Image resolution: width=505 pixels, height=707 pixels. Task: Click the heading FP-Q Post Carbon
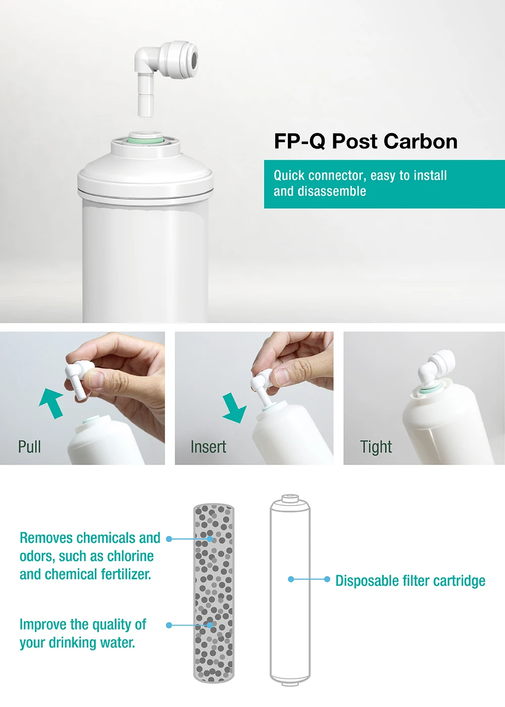(x=366, y=141)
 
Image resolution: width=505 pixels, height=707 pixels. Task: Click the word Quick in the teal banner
(x=289, y=176)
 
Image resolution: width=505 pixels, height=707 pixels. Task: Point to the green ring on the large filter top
(x=145, y=137)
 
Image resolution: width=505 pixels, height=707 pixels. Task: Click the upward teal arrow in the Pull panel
(x=52, y=402)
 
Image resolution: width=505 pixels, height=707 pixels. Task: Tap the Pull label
(x=29, y=447)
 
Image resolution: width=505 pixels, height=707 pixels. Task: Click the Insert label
(x=208, y=447)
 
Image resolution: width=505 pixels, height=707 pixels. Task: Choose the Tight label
(x=376, y=447)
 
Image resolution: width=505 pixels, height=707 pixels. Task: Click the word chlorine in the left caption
(x=130, y=556)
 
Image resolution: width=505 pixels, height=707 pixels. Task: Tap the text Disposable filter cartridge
(x=410, y=581)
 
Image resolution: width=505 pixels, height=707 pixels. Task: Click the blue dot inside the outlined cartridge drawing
(x=291, y=579)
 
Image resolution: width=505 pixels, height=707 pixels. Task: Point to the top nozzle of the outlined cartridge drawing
(x=289, y=498)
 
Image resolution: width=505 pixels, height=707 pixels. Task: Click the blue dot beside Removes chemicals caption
(x=169, y=539)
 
